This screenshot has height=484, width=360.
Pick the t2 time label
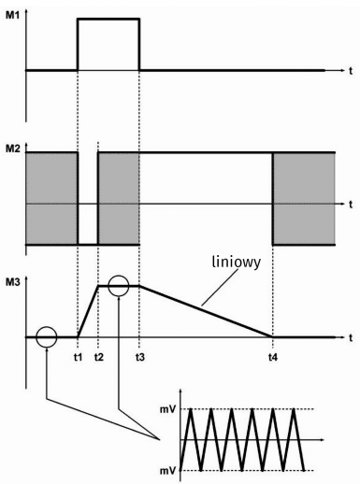tap(99, 357)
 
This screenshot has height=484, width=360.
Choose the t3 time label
tap(139, 357)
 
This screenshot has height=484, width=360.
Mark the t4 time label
tap(272, 357)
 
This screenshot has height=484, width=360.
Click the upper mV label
tap(169, 410)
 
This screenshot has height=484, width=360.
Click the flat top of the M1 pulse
tap(108, 20)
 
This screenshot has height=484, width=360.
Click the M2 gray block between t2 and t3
tap(119, 198)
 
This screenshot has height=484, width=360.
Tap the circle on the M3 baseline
tap(46, 336)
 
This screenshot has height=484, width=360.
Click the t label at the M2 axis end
tap(348, 203)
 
